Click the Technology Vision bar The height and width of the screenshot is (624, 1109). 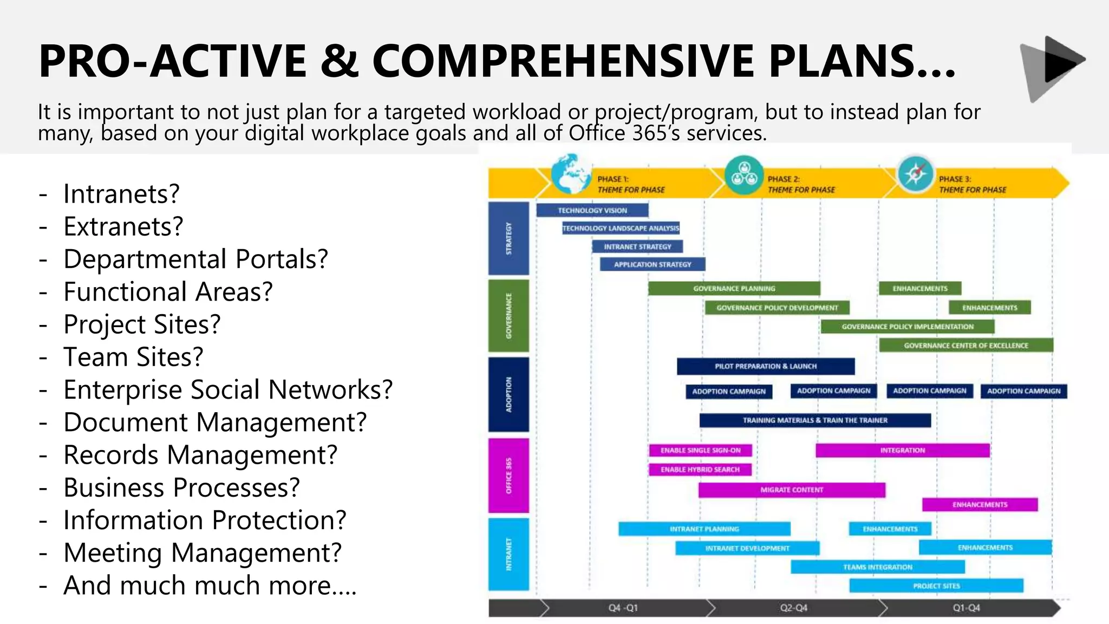pyautogui.click(x=592, y=210)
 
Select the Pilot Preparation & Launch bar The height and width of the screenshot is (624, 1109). pyautogui.click(x=765, y=366)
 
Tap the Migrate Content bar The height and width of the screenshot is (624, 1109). pyautogui.click(x=791, y=490)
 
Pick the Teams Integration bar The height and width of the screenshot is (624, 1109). pyautogui.click(x=877, y=567)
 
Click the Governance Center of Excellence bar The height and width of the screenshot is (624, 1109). pyautogui.click(x=966, y=345)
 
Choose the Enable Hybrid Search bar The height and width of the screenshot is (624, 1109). pyautogui.click(x=700, y=470)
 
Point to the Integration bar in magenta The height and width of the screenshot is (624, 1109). pyautogui.click(x=902, y=450)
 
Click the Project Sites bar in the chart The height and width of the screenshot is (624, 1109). pyautogui.click(x=936, y=586)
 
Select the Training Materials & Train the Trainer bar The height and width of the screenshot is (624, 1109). pyautogui.click(x=814, y=420)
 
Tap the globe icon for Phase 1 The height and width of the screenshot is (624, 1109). pyautogui.click(x=570, y=174)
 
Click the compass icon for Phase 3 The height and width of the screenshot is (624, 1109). pyautogui.click(x=915, y=174)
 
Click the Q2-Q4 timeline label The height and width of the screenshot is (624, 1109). pyautogui.click(x=793, y=608)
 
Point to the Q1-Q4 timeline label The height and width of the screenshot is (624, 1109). pyautogui.click(x=966, y=608)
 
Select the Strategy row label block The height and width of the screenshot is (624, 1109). pyautogui.click(x=508, y=238)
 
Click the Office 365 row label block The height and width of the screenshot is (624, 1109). pyautogui.click(x=508, y=475)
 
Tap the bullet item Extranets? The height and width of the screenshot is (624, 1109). pyautogui.click(x=123, y=226)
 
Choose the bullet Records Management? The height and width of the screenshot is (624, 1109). pyautogui.click(x=200, y=455)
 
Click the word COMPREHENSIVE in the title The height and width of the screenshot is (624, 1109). pyautogui.click(x=563, y=61)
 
